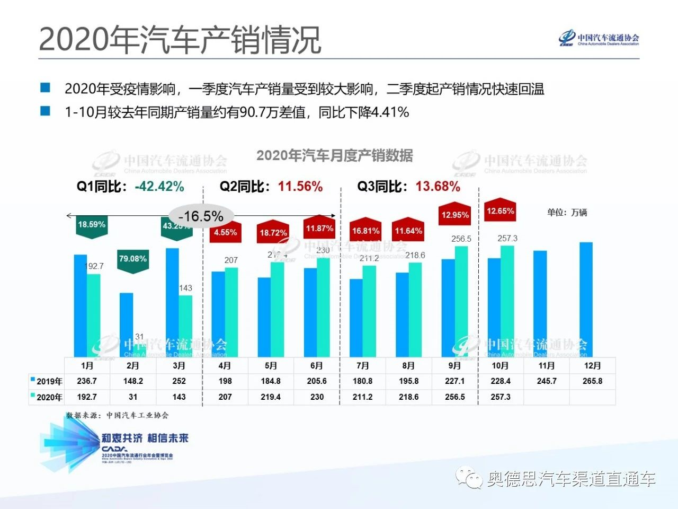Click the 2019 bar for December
coord(586,300)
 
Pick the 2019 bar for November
coord(540,304)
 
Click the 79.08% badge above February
coord(132,259)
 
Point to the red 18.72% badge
coord(273,232)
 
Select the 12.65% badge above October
coord(500,211)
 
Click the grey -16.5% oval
coord(201,216)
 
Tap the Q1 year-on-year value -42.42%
coord(159,187)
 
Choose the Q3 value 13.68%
coord(438,187)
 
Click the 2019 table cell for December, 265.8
coord(592,381)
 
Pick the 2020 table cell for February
coord(133,397)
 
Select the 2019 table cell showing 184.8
coord(271,381)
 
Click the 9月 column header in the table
coord(454,366)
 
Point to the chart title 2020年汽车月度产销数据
coord(334,156)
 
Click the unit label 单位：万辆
coord(567,213)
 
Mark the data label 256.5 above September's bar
coord(461,239)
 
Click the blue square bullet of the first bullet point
coord(46,87)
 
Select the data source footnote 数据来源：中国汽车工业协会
coord(117,415)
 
